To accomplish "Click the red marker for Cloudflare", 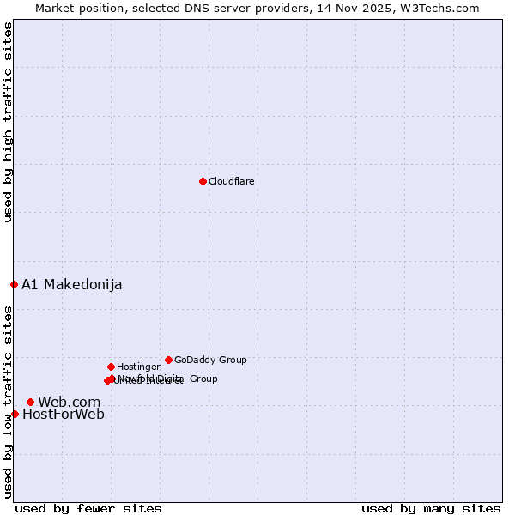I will coord(203,181).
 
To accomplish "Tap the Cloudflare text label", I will coord(232,182).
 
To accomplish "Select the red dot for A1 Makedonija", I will coord(14,284).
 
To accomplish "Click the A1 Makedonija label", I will coord(72,285).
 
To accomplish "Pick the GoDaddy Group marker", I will coord(168,360).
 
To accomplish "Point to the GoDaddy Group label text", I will coord(210,360).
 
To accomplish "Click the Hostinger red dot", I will coord(111,367).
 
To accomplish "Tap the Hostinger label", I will coord(138,367).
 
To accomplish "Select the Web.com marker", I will coord(30,402).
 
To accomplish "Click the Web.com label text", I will coord(70,403).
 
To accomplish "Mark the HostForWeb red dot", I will coord(15,414).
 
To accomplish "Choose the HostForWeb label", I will coord(64,415).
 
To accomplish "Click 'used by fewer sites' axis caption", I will coord(88,508).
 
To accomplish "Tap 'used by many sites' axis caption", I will coord(431,508).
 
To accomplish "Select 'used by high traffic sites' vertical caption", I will coord(8,123).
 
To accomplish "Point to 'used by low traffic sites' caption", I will coord(8,402).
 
